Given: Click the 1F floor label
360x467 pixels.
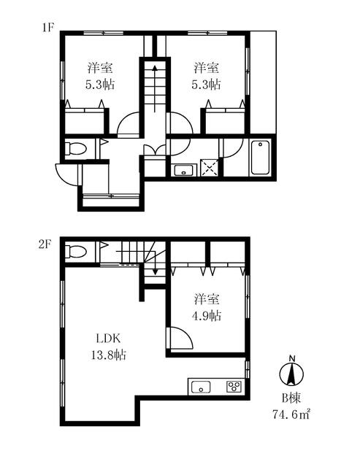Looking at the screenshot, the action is click(47, 28).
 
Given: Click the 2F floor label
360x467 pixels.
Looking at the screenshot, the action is click(45, 245).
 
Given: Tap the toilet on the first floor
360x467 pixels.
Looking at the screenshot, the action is click(76, 148).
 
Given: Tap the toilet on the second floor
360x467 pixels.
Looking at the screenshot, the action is click(76, 251).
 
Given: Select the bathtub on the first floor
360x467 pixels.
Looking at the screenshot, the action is click(261, 158).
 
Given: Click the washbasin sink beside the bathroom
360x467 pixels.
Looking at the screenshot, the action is click(183, 170).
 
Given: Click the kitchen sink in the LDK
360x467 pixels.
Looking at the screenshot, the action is click(201, 387).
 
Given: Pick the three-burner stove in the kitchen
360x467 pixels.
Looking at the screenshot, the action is click(234, 387).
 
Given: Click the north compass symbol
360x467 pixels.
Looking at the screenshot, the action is click(291, 371).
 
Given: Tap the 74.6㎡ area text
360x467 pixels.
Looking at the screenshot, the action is click(291, 414).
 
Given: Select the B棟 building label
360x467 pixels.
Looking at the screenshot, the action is click(291, 398).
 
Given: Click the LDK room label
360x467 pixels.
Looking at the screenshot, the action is click(108, 339).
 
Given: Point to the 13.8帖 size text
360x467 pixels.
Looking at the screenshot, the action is click(108, 355).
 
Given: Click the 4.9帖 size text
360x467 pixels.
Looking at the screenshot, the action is click(206, 315).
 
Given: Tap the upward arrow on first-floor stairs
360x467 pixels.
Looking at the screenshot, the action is click(155, 88).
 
